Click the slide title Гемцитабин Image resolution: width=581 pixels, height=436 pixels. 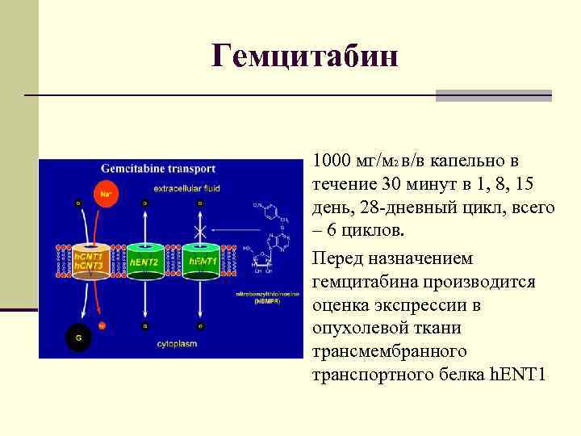[x=305, y=57]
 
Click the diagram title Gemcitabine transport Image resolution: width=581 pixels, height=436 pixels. [x=158, y=170]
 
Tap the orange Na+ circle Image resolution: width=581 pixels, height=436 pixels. [x=105, y=195]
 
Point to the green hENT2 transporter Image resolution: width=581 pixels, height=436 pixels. [x=146, y=262]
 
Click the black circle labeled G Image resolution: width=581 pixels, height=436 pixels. [x=78, y=337]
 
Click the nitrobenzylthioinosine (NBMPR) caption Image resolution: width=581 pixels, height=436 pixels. [x=270, y=299]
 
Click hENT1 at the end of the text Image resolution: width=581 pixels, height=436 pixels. [x=518, y=375]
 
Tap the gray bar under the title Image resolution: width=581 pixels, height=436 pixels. [x=493, y=95]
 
